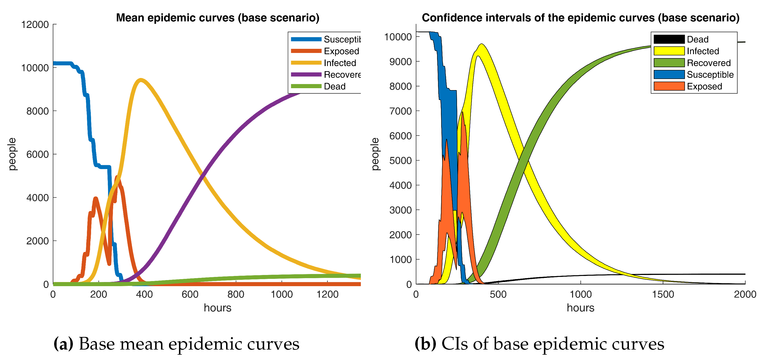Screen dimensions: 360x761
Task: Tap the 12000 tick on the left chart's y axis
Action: coord(35,25)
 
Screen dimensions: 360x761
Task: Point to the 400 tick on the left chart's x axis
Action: coord(144,294)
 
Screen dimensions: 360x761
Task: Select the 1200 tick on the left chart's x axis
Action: coord(327,294)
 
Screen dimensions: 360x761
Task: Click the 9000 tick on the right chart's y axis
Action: coord(400,62)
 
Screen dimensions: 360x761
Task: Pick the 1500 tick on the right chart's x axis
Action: coord(663,294)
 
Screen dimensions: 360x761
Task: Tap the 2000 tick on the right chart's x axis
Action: coord(745,294)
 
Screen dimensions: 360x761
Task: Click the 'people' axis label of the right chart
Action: coord(375,154)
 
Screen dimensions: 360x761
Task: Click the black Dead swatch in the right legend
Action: coord(669,39)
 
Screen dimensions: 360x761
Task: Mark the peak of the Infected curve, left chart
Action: coord(141,80)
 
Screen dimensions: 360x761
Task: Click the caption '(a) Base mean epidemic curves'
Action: coord(176,344)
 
